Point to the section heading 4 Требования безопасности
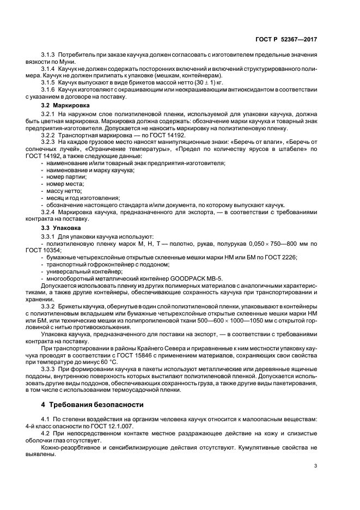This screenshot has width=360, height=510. (x=93, y=404)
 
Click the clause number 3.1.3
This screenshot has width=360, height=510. (x=50, y=57)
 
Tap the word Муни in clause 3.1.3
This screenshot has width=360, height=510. (x=75, y=63)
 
